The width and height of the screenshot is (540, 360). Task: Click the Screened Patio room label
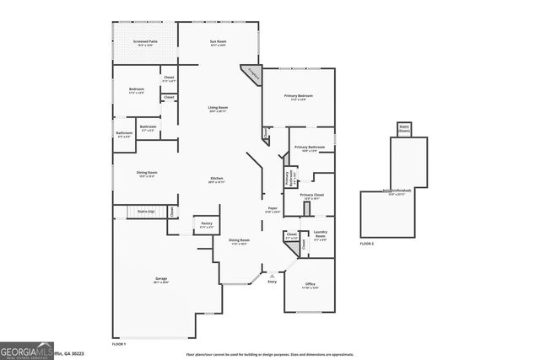[145, 41]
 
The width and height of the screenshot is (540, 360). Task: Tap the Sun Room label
[219, 41]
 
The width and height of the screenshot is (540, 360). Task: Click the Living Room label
[219, 108]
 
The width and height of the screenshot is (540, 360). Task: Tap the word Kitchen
[217, 179]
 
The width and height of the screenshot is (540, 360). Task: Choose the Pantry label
[206, 223]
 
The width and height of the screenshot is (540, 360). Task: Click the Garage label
[160, 278]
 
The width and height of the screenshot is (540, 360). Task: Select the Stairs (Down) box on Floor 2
[403, 129]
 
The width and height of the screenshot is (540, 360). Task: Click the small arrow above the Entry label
[272, 275]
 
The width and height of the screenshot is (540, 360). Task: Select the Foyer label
[273, 209]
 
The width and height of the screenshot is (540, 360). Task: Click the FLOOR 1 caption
[119, 344]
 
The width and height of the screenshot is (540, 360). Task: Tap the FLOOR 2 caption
[366, 244]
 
